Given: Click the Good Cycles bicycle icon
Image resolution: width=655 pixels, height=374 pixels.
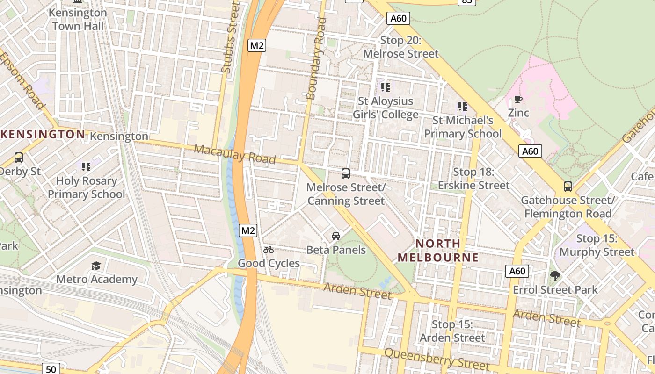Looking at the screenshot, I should point(268,250).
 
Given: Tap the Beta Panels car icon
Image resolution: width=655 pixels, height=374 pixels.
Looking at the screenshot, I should point(336,236).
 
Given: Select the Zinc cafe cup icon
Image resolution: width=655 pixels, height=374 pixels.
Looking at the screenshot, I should point(518,99).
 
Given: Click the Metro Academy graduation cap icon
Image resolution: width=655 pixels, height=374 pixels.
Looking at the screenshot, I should point(96,266).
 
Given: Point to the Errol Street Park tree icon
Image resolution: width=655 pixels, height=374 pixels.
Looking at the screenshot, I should point(555,276).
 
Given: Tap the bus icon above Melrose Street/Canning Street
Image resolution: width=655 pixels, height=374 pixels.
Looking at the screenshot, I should point(346,173).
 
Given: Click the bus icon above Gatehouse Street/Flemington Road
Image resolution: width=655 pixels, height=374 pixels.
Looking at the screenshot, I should point(568,187).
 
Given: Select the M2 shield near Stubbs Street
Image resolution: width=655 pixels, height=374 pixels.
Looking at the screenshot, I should point(257,45).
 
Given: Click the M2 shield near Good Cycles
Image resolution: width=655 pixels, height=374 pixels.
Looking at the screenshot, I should point(248,230).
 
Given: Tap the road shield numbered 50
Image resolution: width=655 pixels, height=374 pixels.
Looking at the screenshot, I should point(51,369).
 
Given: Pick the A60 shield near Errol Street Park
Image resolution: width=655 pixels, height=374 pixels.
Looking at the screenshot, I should point(517,271).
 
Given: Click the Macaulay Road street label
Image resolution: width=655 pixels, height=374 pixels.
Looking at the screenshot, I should point(235,154).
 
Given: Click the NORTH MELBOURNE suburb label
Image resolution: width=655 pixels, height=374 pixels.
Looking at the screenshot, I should point(438,251).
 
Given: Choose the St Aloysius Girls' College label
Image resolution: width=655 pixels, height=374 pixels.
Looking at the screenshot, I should point(386,108).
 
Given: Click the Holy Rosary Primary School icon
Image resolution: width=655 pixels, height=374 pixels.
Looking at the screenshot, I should point(86,166).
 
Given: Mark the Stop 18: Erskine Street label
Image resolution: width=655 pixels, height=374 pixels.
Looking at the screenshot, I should point(473,179).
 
